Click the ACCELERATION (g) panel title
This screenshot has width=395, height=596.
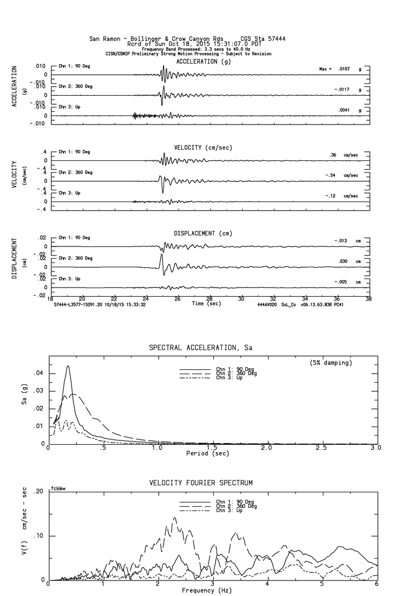[x=204, y=61]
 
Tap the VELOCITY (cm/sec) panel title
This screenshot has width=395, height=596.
[x=203, y=148]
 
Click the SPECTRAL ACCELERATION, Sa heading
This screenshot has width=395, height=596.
[x=200, y=348]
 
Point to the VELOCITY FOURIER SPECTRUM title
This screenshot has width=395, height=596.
[x=200, y=483]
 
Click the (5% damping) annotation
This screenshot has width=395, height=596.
[x=330, y=363]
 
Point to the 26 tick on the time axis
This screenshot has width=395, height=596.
[x=177, y=299]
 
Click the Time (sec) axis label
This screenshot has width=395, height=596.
[x=206, y=304]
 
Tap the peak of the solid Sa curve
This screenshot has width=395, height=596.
[x=68, y=366]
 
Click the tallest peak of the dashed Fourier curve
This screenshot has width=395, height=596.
[x=175, y=517]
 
